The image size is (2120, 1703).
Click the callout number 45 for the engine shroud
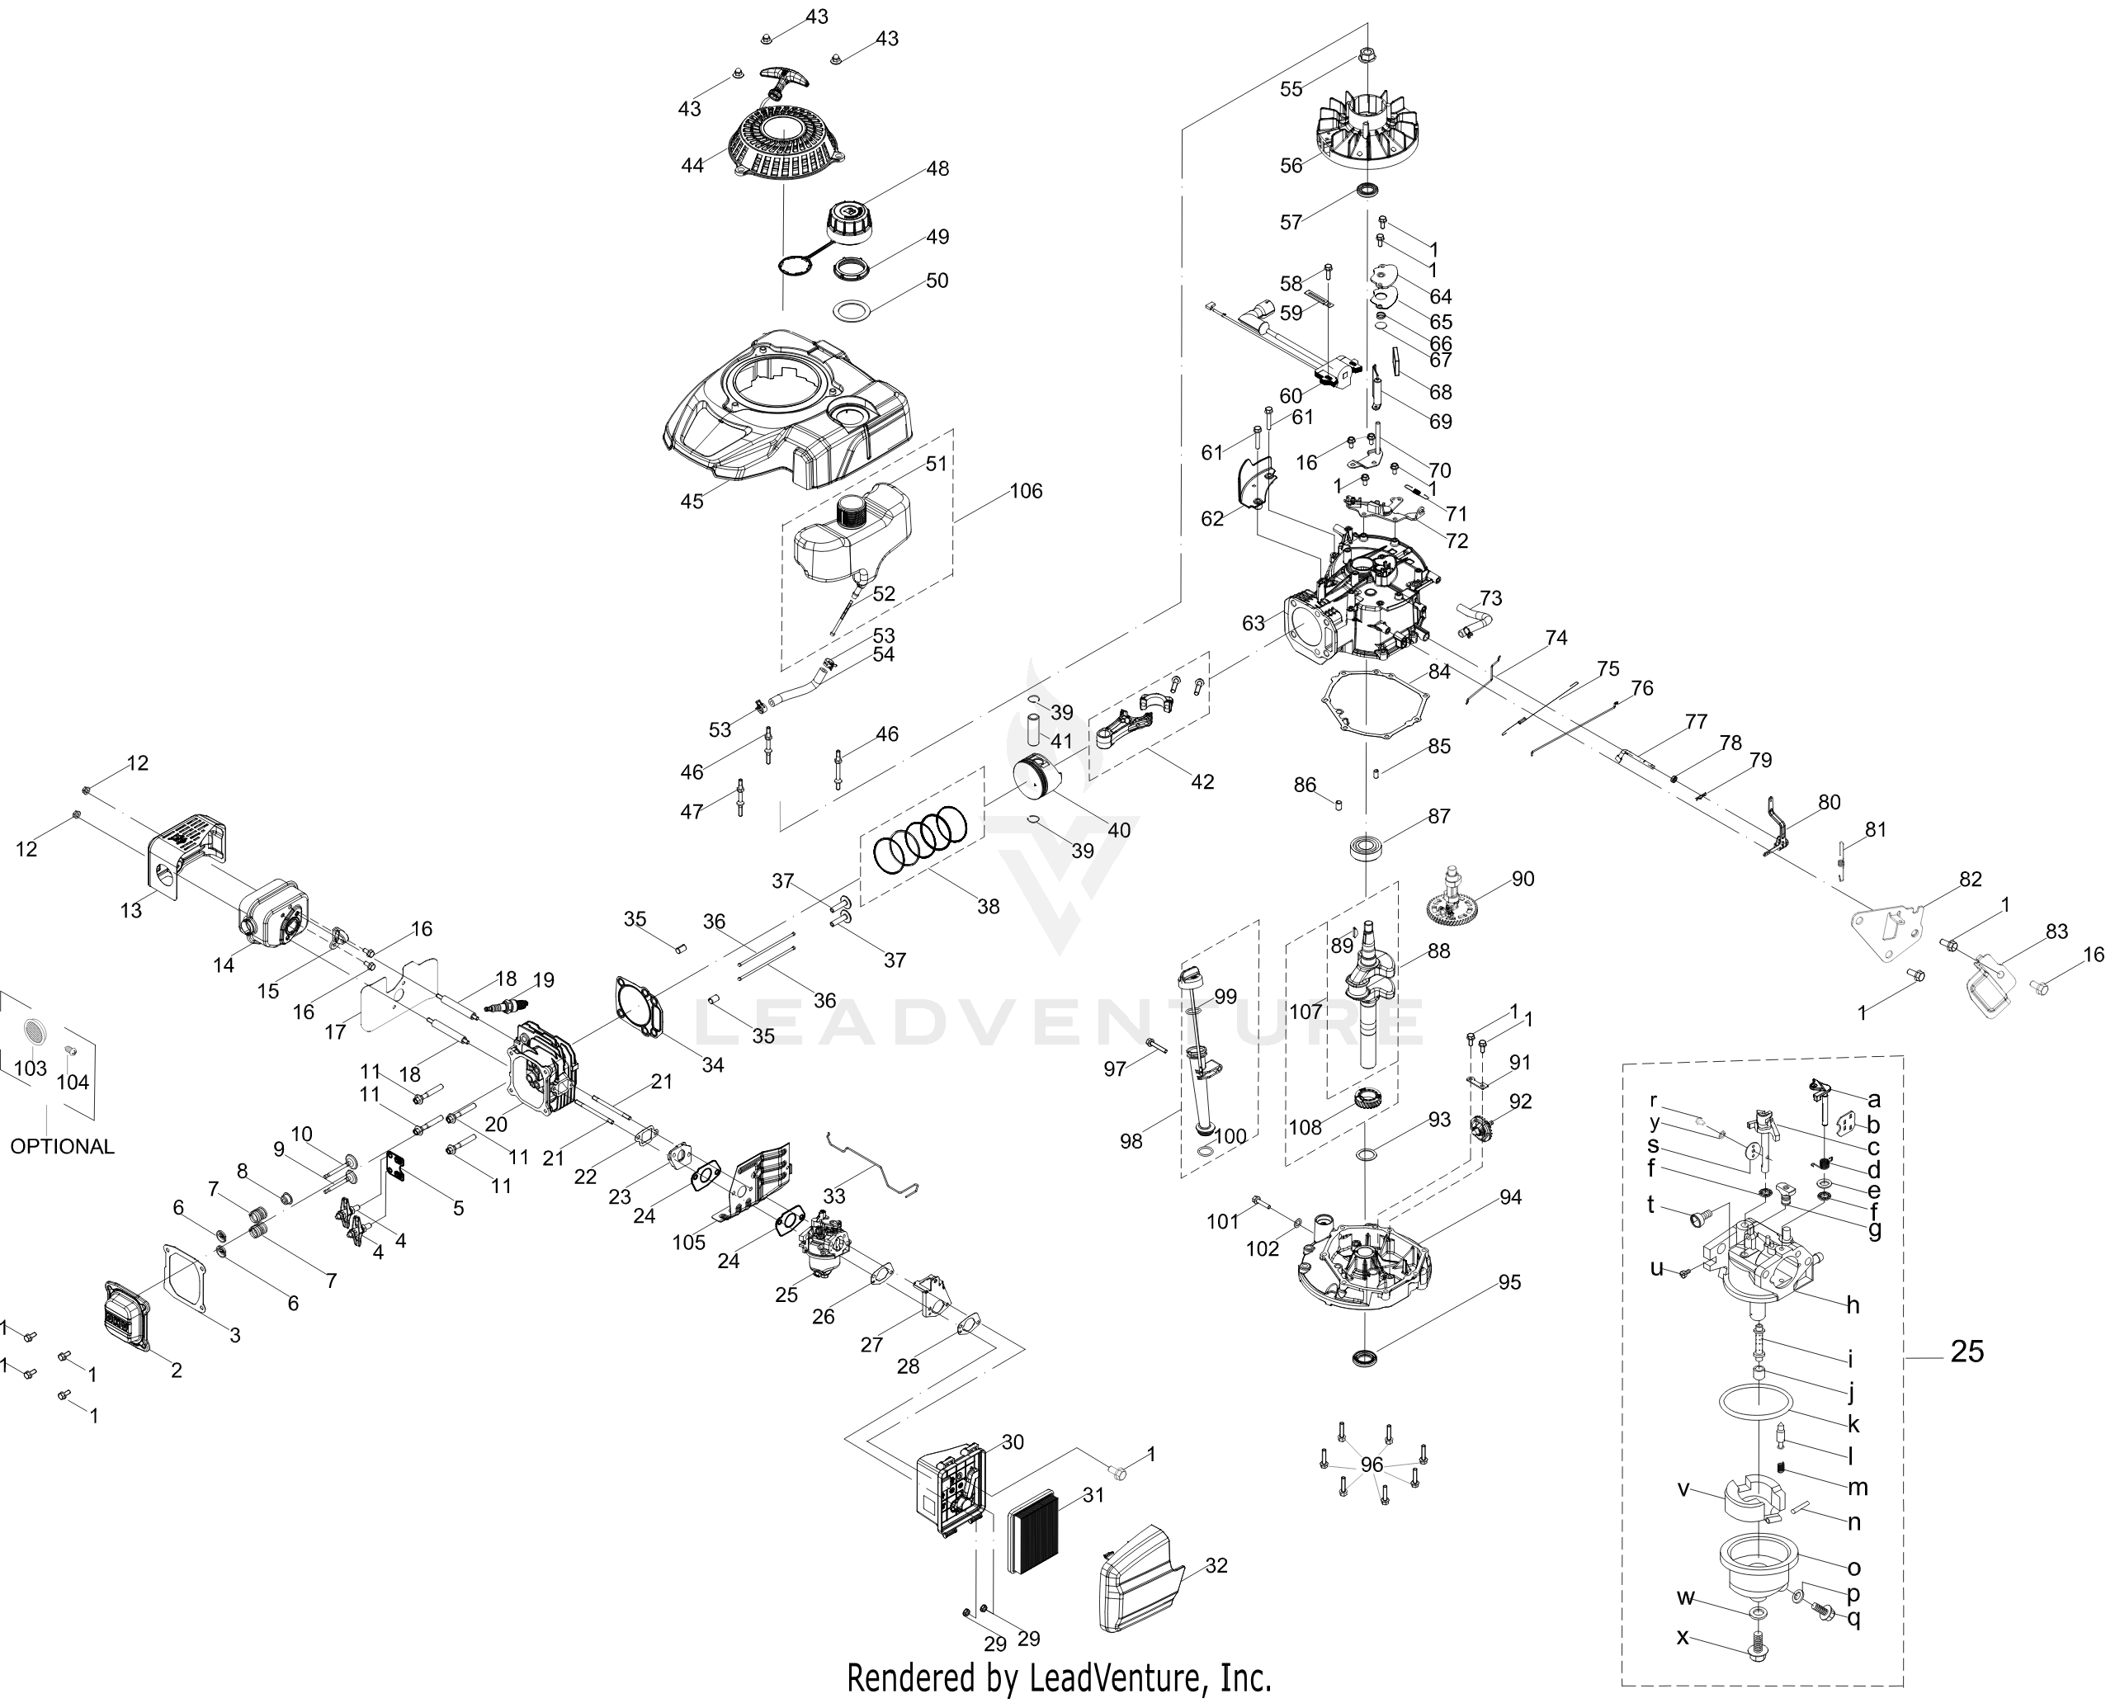[x=692, y=502]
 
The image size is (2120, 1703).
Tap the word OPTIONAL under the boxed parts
[x=62, y=1147]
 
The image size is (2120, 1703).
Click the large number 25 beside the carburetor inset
[x=1967, y=1352]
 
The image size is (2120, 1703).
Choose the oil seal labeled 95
[x=1366, y=1359]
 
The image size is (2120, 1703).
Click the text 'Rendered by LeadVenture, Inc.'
[x=1059, y=1677]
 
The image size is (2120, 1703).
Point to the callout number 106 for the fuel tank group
[x=1026, y=491]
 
